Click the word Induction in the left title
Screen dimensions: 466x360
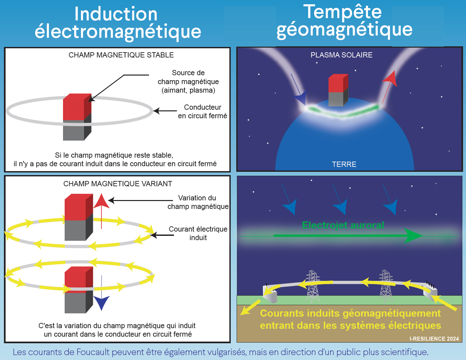click(116, 14)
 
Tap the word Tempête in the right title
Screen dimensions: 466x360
click(343, 12)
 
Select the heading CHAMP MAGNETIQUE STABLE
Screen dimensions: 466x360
click(121, 55)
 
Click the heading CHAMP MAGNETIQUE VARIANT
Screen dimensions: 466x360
click(118, 184)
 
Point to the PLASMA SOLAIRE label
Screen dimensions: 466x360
click(341, 55)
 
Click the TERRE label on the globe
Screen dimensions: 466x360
click(344, 164)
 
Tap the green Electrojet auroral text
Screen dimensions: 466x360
click(343, 225)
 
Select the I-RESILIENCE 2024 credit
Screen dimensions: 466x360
click(434, 339)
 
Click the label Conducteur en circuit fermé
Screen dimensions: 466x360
click(202, 111)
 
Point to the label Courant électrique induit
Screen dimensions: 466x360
click(198, 233)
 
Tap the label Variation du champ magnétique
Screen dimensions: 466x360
click(198, 202)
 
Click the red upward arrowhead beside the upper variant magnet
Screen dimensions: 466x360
click(101, 201)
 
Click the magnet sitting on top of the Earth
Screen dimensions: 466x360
click(338, 90)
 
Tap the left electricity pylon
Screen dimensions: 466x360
click(313, 286)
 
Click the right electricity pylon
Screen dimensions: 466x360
click(386, 286)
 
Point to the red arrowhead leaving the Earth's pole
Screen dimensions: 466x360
click(390, 79)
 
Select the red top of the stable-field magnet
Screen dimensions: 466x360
click(77, 107)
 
